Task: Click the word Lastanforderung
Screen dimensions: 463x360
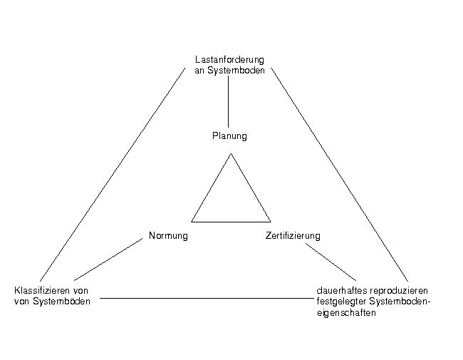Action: tap(229, 60)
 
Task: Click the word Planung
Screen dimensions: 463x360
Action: tap(229, 136)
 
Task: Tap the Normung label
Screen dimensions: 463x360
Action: tap(168, 236)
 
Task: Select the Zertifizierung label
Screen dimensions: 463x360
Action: tap(293, 236)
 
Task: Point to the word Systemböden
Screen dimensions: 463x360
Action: tap(61, 302)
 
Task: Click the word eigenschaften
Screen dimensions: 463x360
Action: tap(346, 313)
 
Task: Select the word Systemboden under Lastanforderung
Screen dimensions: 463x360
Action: tap(236, 71)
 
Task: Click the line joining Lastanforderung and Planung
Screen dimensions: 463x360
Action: tap(228, 101)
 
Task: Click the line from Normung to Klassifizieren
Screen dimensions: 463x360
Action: tap(108, 259)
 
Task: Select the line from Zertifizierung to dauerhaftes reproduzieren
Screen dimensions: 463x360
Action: tap(331, 262)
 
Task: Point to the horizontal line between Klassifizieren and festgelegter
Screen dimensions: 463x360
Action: tap(207, 298)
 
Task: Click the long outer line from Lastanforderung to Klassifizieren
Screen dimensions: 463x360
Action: tap(113, 175)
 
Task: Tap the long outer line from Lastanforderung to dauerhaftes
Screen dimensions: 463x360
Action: tap(340, 175)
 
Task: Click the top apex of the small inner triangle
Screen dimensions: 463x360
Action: tap(231, 153)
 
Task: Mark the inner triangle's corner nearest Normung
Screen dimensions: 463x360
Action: tap(192, 222)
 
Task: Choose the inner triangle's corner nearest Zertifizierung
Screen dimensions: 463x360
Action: tap(271, 222)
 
